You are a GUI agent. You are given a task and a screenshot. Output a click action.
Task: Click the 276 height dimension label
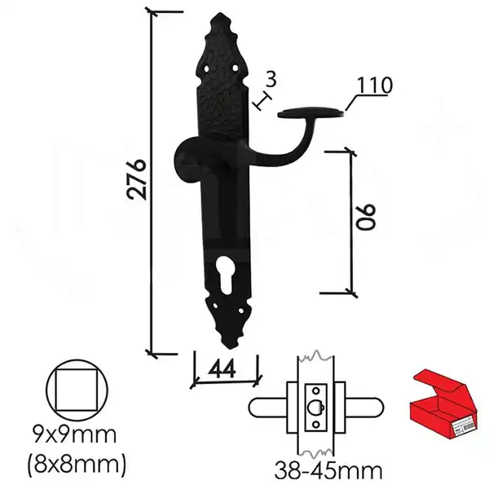[x=136, y=179]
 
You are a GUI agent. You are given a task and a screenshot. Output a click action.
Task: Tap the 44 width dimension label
[x=222, y=369]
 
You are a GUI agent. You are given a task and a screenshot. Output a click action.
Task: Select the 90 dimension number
[x=366, y=218]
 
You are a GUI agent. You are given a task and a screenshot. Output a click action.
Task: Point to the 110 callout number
[x=373, y=85]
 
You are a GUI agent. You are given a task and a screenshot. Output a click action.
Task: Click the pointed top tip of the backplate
[x=221, y=14]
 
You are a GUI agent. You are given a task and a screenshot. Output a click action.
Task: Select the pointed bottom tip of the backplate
[x=231, y=347]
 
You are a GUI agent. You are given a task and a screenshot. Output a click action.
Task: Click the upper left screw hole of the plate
[x=206, y=68]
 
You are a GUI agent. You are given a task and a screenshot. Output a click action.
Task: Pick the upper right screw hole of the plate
[x=236, y=68]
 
